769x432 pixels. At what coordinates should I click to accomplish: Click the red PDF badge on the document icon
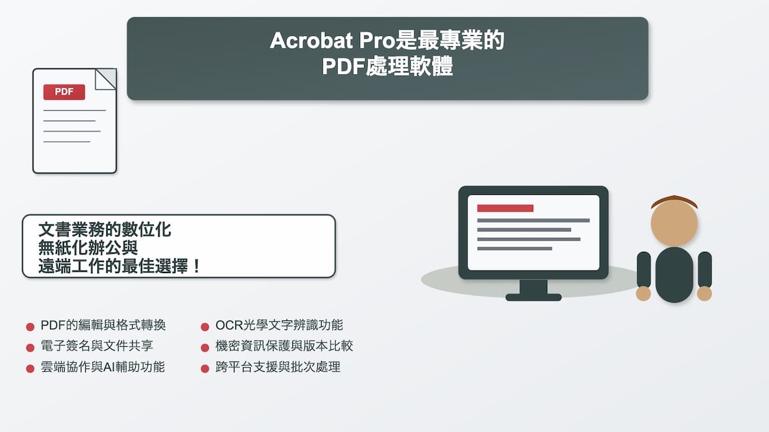pyautogui.click(x=64, y=92)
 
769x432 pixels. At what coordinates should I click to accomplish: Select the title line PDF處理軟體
pyautogui.click(x=387, y=67)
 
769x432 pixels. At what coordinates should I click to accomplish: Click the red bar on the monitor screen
pyautogui.click(x=505, y=208)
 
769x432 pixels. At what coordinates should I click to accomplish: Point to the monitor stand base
pyautogui.click(x=533, y=297)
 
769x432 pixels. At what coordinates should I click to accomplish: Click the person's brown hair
pyautogui.click(x=674, y=200)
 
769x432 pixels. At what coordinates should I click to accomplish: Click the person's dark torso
pyautogui.click(x=674, y=274)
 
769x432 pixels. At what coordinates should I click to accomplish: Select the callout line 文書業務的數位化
pyautogui.click(x=104, y=229)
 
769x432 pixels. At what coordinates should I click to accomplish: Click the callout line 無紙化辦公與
pyautogui.click(x=88, y=247)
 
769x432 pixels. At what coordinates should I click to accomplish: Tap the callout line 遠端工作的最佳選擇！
pyautogui.click(x=120, y=265)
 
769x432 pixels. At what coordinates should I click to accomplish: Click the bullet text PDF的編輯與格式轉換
pyautogui.click(x=103, y=326)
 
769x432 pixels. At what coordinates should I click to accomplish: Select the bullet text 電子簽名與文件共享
pyautogui.click(x=97, y=346)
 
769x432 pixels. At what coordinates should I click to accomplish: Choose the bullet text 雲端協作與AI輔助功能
pyautogui.click(x=103, y=367)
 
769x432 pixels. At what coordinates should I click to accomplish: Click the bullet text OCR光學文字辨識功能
pyautogui.click(x=279, y=326)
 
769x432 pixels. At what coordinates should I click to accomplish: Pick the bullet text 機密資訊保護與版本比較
pyautogui.click(x=285, y=346)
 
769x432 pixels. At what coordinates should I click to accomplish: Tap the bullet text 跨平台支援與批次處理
pyautogui.click(x=278, y=367)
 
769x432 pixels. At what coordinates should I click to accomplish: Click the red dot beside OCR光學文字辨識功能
pyautogui.click(x=205, y=327)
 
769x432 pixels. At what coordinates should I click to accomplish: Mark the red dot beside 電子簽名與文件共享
pyautogui.click(x=30, y=347)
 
